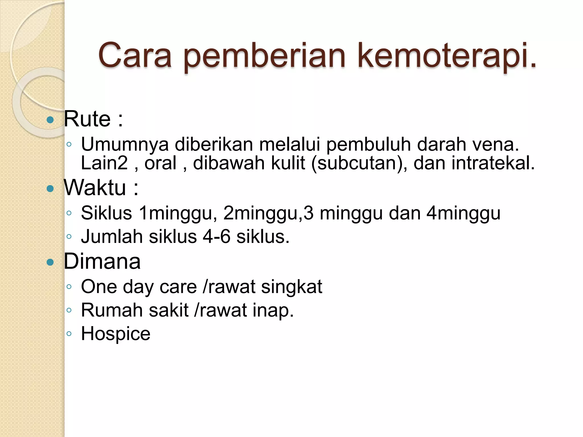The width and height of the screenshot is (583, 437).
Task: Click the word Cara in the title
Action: tap(135, 55)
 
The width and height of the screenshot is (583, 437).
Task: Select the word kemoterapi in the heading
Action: tap(447, 55)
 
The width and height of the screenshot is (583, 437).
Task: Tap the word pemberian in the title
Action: tap(264, 55)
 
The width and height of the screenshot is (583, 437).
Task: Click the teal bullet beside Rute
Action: tap(50, 120)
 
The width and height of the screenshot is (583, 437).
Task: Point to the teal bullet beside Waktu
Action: tap(50, 188)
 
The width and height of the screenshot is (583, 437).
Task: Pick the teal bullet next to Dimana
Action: tap(50, 262)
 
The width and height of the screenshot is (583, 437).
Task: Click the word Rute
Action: tap(87, 119)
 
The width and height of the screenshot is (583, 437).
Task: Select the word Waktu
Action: tap(95, 187)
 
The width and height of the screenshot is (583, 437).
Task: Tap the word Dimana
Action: tap(102, 261)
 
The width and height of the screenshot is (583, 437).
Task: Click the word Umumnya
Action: tap(125, 145)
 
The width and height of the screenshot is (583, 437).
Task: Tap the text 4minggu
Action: tap(463, 213)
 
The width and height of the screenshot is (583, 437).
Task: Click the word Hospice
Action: tap(116, 334)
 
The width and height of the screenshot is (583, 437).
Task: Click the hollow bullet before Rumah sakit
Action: tap(69, 310)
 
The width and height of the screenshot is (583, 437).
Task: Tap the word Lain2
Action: tap(104, 163)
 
